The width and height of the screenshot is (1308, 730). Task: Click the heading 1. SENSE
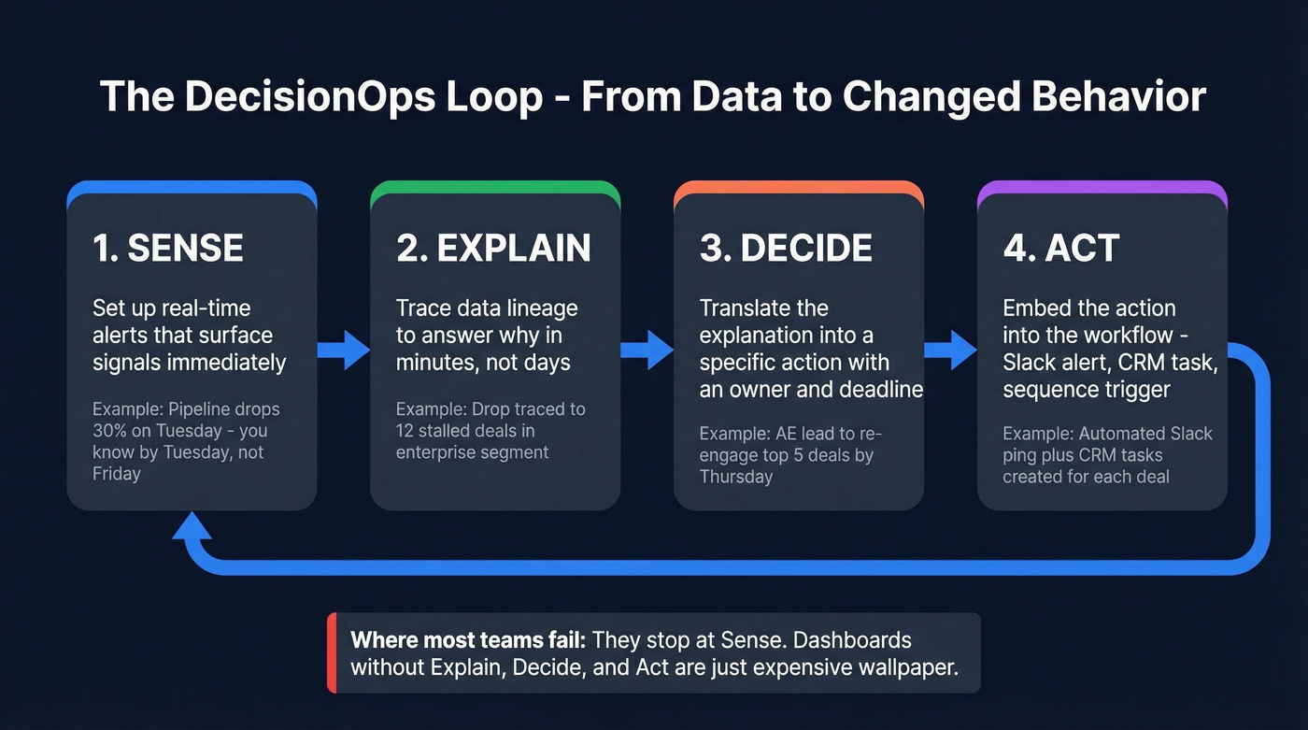168,248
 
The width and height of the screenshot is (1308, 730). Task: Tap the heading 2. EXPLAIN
493,248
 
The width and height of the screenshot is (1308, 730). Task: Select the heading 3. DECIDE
786,248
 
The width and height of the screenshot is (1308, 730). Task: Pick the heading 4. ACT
1061,248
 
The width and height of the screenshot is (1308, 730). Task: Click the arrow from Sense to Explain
344,351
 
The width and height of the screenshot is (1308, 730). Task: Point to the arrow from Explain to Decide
647,351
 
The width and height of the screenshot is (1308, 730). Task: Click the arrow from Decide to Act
950,351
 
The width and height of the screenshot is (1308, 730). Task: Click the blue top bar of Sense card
192,188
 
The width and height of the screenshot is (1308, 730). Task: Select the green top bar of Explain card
495,188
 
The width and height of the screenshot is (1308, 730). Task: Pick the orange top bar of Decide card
799,188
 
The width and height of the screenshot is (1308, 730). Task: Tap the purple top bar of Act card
1102,188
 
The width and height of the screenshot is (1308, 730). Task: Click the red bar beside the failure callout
332,653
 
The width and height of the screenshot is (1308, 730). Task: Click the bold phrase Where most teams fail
467,640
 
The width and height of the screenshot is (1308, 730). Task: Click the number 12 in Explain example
406,431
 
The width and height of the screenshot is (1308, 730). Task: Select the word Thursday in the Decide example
736,476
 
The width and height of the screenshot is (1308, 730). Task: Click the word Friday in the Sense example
117,474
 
